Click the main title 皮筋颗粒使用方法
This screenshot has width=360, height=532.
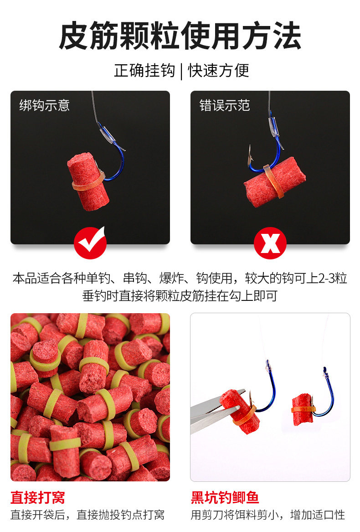180,36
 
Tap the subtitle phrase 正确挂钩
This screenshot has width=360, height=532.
144,71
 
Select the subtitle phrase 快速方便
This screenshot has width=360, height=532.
219,71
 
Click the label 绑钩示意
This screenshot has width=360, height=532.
45,105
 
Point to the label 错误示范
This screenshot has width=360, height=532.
225,105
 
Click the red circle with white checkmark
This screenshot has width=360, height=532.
90,243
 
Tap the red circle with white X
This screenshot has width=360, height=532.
270,243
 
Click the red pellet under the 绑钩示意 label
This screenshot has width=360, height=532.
88,181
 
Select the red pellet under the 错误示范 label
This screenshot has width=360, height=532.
274,182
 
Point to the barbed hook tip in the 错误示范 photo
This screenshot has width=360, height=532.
250,153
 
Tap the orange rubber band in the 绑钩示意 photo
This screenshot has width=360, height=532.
88,183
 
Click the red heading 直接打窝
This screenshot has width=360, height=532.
38,497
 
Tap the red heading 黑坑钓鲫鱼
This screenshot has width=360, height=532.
225,497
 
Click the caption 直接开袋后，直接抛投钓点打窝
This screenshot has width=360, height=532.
87,515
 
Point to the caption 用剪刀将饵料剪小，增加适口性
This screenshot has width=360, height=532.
267,515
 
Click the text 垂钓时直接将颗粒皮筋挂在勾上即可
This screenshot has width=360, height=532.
180,295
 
